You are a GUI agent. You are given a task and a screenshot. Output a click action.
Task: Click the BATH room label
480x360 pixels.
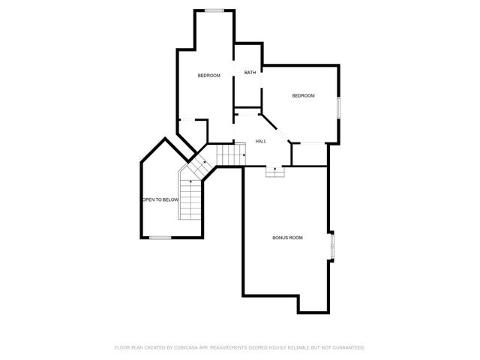click(x=250, y=73)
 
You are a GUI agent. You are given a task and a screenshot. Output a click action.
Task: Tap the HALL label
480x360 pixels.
click(x=261, y=141)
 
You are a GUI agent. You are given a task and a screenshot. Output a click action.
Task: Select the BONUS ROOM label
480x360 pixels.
click(x=287, y=238)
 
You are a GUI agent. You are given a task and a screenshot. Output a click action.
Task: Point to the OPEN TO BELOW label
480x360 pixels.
click(x=160, y=199)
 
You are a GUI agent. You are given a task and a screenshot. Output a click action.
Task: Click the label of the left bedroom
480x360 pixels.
click(x=208, y=76)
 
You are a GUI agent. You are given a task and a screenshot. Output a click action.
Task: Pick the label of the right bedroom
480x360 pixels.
click(x=303, y=95)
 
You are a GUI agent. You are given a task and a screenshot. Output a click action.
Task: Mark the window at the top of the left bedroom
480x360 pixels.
click(x=214, y=10)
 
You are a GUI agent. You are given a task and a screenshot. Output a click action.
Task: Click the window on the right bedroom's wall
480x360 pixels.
click(x=338, y=106)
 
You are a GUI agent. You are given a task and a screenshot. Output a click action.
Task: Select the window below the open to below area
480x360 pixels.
click(x=160, y=238)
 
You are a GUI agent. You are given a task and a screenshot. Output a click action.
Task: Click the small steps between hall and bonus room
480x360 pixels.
click(x=274, y=171)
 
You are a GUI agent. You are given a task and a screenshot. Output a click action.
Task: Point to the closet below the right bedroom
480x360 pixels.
click(x=310, y=154)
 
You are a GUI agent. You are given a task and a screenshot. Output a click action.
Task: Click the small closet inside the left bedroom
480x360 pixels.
click(x=192, y=130)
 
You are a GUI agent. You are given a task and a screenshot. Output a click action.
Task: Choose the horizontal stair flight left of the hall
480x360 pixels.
click(x=232, y=155)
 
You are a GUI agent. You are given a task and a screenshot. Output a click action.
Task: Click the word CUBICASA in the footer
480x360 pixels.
click(x=190, y=347)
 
